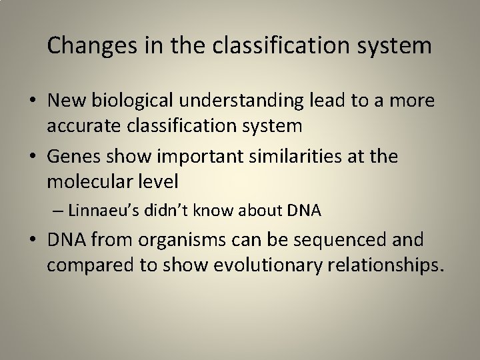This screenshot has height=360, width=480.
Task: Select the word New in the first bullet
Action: [x=68, y=101]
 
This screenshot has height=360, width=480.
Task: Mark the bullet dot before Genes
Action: [x=32, y=157]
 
